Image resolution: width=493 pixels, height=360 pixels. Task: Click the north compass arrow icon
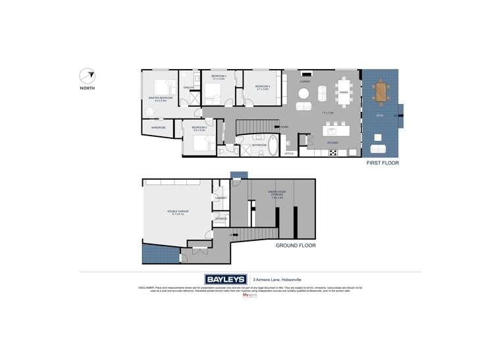(86, 76)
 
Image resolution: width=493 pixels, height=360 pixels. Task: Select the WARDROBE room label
(158, 127)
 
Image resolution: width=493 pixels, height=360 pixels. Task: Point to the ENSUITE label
(188, 88)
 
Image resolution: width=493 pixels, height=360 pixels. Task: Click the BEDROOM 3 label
(219, 77)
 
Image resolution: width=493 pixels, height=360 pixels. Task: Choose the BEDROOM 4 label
(262, 87)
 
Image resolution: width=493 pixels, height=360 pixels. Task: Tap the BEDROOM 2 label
(199, 128)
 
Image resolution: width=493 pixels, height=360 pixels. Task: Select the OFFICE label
(288, 153)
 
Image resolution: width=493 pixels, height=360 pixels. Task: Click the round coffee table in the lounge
(303, 107)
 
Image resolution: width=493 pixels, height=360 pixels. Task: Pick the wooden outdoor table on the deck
(380, 91)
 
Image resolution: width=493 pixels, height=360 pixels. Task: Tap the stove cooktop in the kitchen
(333, 153)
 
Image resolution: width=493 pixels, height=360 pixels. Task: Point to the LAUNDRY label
(221, 197)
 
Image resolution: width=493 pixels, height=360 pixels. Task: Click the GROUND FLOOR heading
(296, 245)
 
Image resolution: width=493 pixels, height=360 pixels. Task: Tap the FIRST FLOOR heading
(383, 163)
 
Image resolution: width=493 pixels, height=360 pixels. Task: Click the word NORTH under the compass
(86, 88)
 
